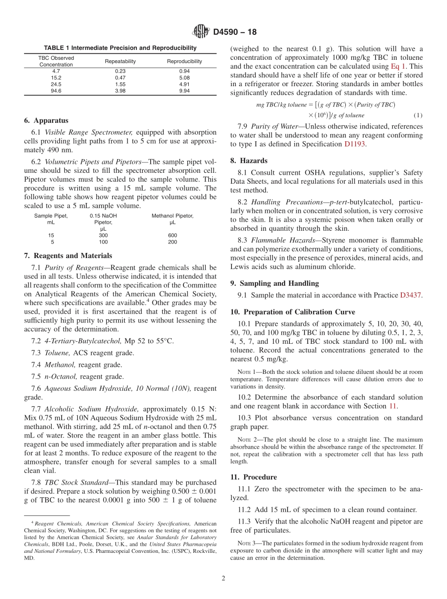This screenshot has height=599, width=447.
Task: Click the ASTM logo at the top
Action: click(x=201, y=32)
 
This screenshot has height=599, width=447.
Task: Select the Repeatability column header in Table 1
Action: click(x=120, y=61)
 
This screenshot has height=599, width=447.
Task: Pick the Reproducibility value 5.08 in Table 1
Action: click(x=184, y=78)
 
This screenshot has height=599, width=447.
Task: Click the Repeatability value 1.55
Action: click(x=120, y=84)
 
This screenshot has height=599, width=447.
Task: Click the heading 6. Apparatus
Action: click(x=46, y=121)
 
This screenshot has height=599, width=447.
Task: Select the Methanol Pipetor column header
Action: click(x=172, y=216)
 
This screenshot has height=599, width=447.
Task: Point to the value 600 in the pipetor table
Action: click(x=172, y=235)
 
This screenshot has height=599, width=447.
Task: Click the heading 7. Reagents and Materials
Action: click(x=68, y=256)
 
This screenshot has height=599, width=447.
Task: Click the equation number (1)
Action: click(x=418, y=115)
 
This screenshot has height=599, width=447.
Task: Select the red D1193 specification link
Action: click(x=354, y=145)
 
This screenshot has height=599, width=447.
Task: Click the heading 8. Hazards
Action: click(x=249, y=161)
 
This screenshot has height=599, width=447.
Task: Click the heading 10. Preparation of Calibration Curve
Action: click(x=293, y=312)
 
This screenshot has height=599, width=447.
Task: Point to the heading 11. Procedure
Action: click(x=254, y=477)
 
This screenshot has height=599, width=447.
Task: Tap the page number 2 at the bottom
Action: click(x=223, y=578)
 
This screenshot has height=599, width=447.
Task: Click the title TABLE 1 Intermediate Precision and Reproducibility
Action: click(x=120, y=48)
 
